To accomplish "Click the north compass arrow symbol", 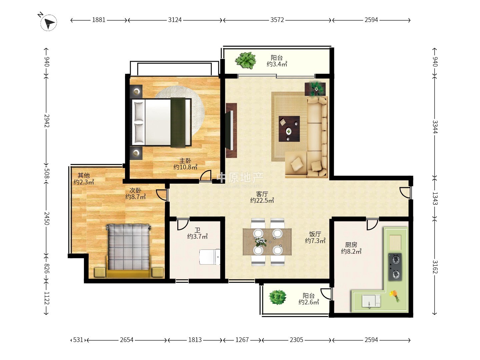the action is tap(49, 23).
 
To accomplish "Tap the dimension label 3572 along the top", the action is tap(277, 20).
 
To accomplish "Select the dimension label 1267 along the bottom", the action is tap(242, 340).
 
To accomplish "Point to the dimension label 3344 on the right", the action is tap(435, 127).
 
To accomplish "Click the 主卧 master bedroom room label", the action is tap(185, 161).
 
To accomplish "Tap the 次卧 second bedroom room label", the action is tap(135, 190).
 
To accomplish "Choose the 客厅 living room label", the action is tap(262, 194).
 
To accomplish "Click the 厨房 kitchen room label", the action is tap(351, 245).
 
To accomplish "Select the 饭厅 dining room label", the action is tap(315, 234).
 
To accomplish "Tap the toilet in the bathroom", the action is tap(209, 257).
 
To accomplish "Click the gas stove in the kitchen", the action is tap(395, 267).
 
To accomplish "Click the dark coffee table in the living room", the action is tap(289, 129).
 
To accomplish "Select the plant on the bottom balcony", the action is tap(277, 297).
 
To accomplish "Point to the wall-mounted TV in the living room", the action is tap(231, 130).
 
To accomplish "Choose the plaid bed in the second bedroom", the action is tap(128, 251).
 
